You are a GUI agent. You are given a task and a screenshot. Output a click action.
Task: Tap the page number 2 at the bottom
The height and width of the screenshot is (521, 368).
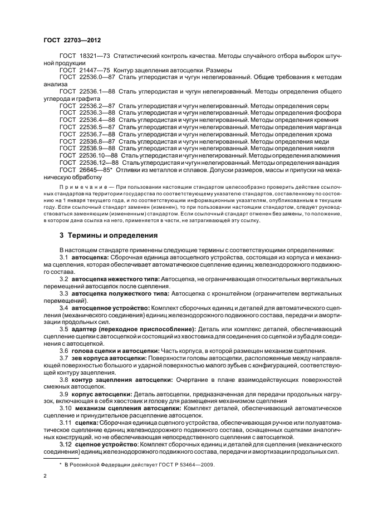coord(46,476)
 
